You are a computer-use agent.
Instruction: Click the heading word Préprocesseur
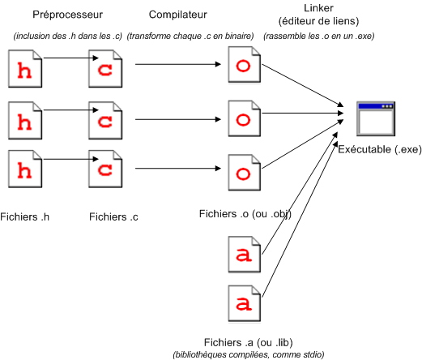pyautogui.click(x=67, y=15)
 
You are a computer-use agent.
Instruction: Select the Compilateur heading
pyautogui.click(x=178, y=15)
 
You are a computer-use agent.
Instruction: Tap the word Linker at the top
pyautogui.click(x=318, y=8)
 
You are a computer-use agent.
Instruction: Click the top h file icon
pyautogui.click(x=25, y=69)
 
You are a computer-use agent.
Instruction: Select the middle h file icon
pyautogui.click(x=25, y=121)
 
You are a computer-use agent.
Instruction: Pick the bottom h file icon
pyautogui.click(x=25, y=169)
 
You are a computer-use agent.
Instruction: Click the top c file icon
pyautogui.click(x=105, y=69)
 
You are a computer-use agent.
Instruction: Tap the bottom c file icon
pyautogui.click(x=105, y=169)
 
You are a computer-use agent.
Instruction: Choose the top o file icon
pyautogui.click(x=245, y=64)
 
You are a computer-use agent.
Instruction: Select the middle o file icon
pyautogui.click(x=245, y=118)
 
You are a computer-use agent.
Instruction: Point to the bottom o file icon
pyautogui.click(x=245, y=173)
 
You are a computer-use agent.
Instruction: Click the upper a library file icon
pyautogui.click(x=245, y=255)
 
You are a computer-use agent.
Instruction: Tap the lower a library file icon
pyautogui.click(x=245, y=303)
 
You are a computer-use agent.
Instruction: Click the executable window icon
pyautogui.click(x=376, y=118)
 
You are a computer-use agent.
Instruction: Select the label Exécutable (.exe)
pyautogui.click(x=380, y=149)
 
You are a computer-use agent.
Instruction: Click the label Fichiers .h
pyautogui.click(x=25, y=216)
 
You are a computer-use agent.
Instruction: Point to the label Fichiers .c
pyautogui.click(x=113, y=216)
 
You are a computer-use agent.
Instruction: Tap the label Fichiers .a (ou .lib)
pyautogui.click(x=249, y=342)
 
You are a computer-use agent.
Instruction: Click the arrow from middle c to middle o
pyautogui.click(x=178, y=119)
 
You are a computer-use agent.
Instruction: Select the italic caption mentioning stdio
pyautogui.click(x=249, y=354)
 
